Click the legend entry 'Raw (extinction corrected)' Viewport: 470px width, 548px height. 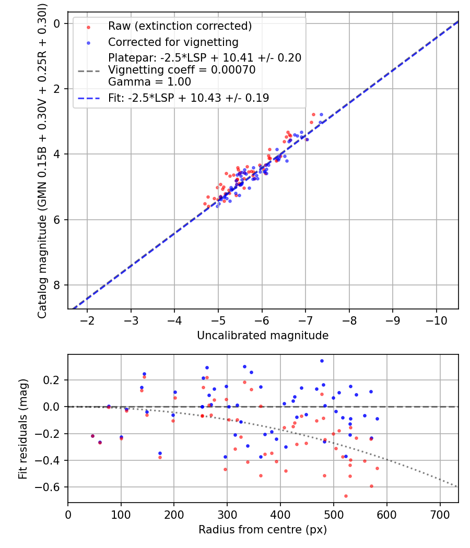[x=180, y=26]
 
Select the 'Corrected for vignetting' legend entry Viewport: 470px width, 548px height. [x=173, y=42]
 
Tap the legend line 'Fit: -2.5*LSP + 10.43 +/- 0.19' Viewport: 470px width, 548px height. [x=189, y=98]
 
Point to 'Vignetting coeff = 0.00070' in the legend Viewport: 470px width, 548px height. [x=182, y=70]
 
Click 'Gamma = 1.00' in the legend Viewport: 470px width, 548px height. [x=149, y=82]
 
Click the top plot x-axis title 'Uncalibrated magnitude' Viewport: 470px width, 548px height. [x=263, y=336]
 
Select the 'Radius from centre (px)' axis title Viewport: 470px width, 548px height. [x=263, y=530]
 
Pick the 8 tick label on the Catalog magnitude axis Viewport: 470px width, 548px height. [x=56, y=285]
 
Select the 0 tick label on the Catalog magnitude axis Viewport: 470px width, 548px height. [x=56, y=23]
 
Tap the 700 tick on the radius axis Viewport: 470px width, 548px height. [x=440, y=514]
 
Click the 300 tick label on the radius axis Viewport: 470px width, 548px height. [x=227, y=514]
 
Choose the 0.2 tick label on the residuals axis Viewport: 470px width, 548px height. [x=54, y=380]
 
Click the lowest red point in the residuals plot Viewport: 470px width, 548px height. [x=346, y=496]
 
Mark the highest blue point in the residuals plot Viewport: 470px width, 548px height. [x=322, y=361]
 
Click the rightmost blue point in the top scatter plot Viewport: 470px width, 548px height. [x=321, y=114]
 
